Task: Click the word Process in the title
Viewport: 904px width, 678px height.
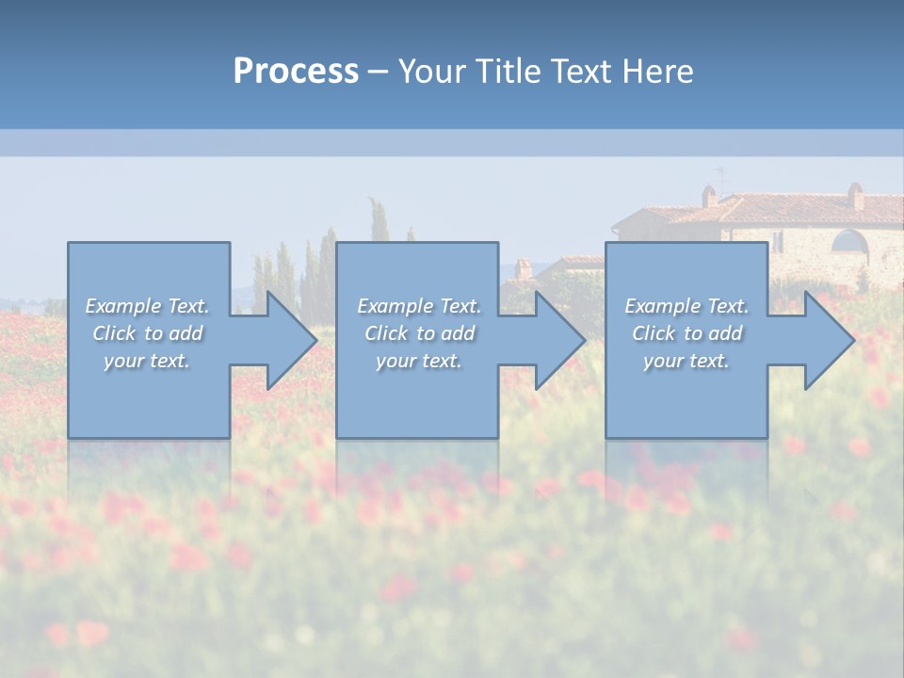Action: (x=296, y=71)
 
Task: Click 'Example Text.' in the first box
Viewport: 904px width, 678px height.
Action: (x=147, y=306)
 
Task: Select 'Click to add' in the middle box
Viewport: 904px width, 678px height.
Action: (x=419, y=333)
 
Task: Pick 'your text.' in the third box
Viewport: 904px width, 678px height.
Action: (x=686, y=361)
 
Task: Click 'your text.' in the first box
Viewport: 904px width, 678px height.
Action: (x=147, y=361)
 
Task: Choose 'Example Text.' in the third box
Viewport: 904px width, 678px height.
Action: (x=686, y=306)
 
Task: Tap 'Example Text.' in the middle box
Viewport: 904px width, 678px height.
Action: (x=419, y=306)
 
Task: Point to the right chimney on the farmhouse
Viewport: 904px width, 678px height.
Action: (x=855, y=195)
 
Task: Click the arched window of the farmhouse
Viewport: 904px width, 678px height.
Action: (x=849, y=241)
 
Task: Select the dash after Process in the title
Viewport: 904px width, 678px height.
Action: (x=379, y=72)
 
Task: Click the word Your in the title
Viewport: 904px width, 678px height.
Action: (x=430, y=71)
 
